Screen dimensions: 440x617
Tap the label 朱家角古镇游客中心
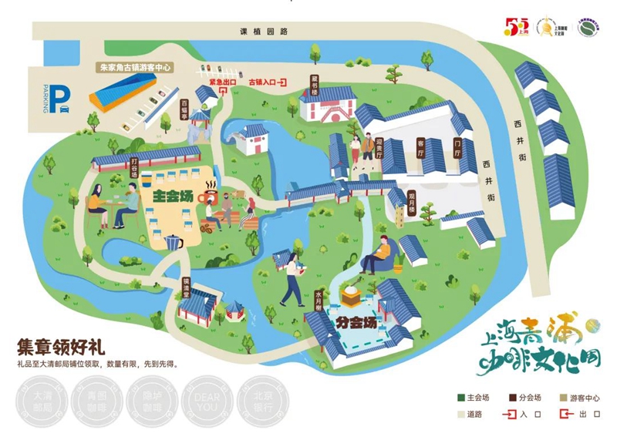point(136,68)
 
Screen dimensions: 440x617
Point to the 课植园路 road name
point(263,32)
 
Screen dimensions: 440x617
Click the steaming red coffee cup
point(209,193)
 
